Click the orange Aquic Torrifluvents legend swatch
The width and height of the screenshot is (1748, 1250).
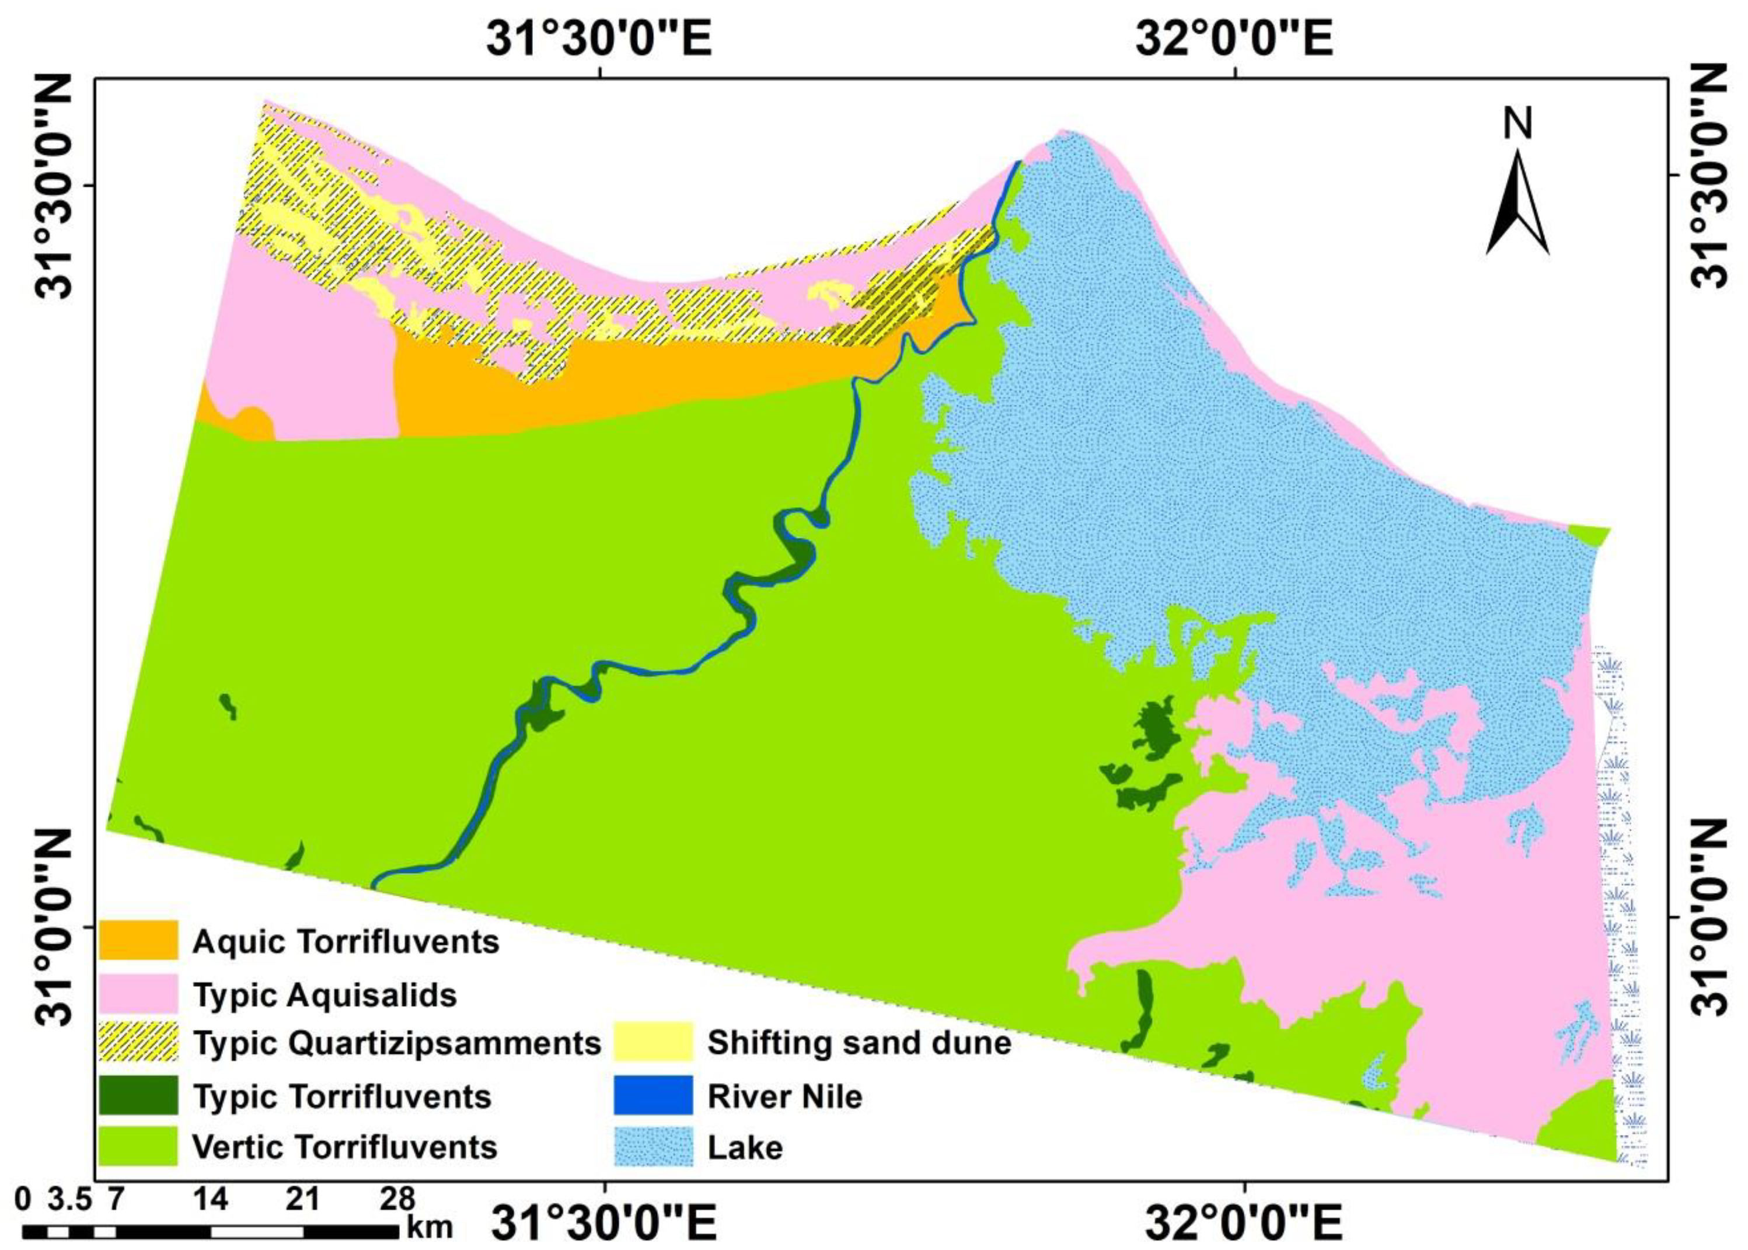coord(138,941)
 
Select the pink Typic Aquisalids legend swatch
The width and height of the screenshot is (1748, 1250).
coord(138,993)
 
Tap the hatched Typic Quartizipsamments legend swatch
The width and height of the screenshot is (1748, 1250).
coord(138,1042)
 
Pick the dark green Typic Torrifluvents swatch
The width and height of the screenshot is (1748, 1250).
coord(138,1095)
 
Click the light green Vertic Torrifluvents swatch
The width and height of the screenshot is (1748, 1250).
coord(138,1147)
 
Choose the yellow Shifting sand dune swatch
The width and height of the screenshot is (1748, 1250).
coord(654,1042)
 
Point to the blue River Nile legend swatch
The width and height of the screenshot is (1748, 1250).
coord(654,1095)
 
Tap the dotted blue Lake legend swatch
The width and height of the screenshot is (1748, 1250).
coord(654,1147)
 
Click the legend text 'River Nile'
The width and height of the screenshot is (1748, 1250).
coord(785,1096)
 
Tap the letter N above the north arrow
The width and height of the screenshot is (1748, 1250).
coord(1518,124)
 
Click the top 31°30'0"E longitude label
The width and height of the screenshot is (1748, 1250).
coord(599,39)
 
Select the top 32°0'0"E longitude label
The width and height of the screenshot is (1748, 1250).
coord(1234,39)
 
